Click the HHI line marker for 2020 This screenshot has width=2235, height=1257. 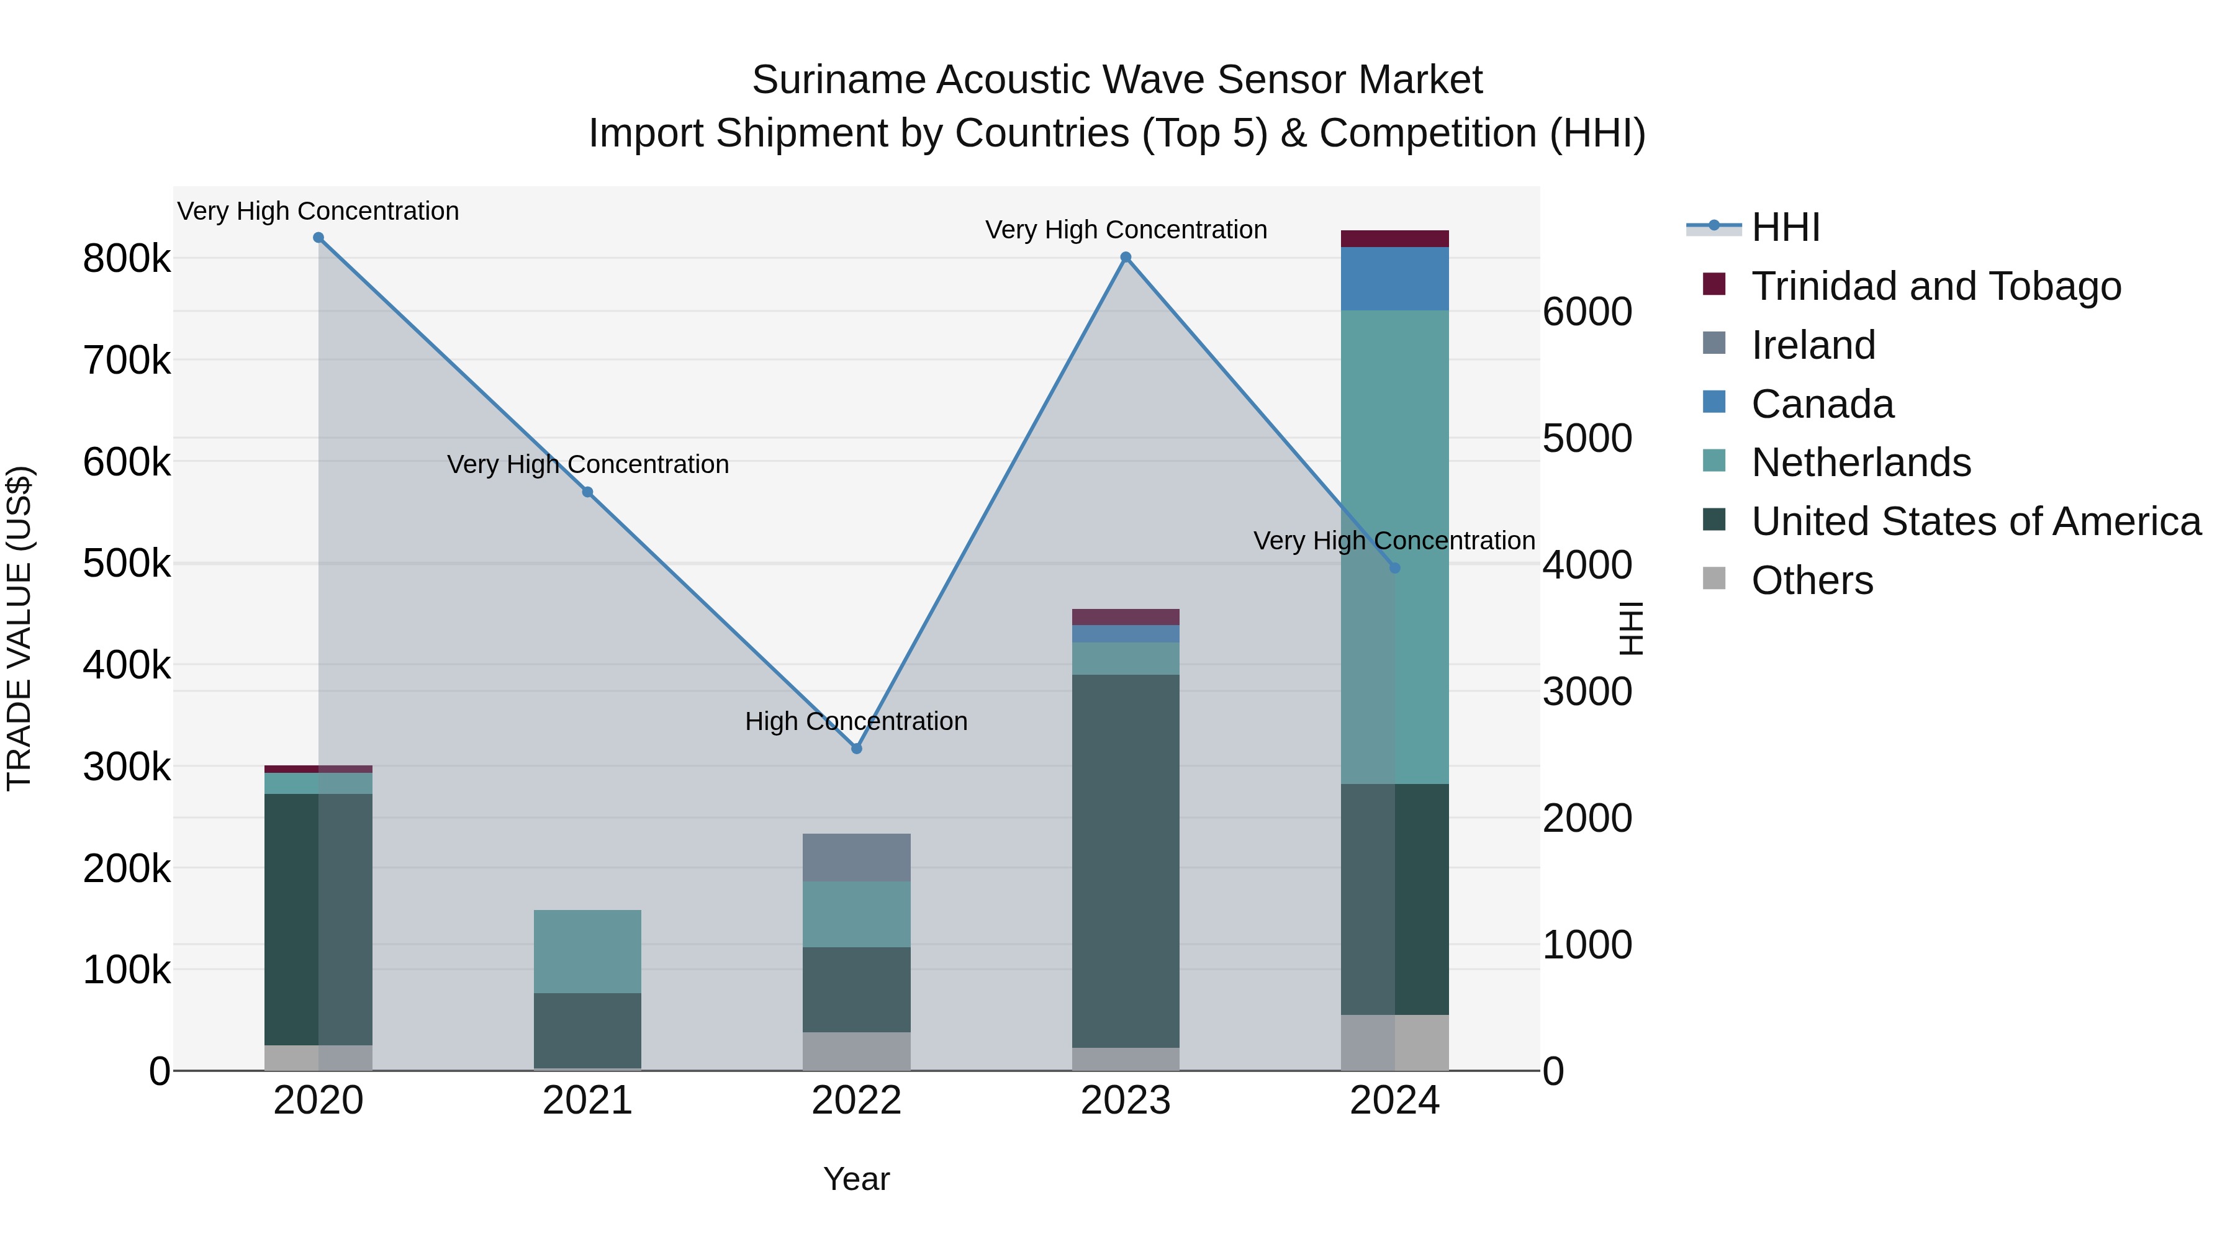point(318,238)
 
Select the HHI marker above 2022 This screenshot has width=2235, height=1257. point(856,749)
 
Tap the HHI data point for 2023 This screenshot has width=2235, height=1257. point(1126,258)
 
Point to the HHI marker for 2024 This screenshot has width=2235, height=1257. point(1394,568)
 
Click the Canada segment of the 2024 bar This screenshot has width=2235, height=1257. point(1394,279)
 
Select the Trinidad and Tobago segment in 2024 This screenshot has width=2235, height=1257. point(1394,238)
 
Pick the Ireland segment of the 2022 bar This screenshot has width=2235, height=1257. point(856,857)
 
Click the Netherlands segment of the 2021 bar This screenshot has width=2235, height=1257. point(587,951)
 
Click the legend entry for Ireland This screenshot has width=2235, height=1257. point(1812,345)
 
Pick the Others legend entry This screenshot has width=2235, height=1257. point(1812,580)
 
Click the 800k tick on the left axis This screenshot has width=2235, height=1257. point(127,258)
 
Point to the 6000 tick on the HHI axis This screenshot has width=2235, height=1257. point(1587,312)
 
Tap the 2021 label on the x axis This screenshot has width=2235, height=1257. point(587,1101)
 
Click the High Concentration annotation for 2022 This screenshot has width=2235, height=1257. point(856,721)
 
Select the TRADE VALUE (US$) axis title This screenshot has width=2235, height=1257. point(19,628)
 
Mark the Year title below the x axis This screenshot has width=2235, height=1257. point(856,1179)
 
